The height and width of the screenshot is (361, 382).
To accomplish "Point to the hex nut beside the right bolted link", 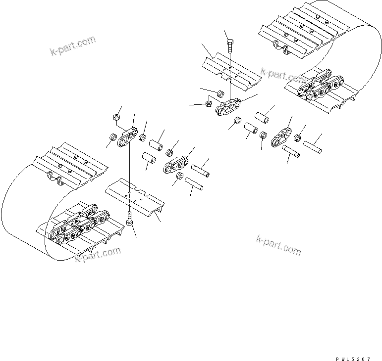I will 209,104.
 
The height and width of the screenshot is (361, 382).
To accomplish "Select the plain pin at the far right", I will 314,146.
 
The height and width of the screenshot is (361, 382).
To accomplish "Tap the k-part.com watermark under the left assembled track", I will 98,255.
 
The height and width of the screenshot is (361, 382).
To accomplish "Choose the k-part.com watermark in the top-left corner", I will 73,46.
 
